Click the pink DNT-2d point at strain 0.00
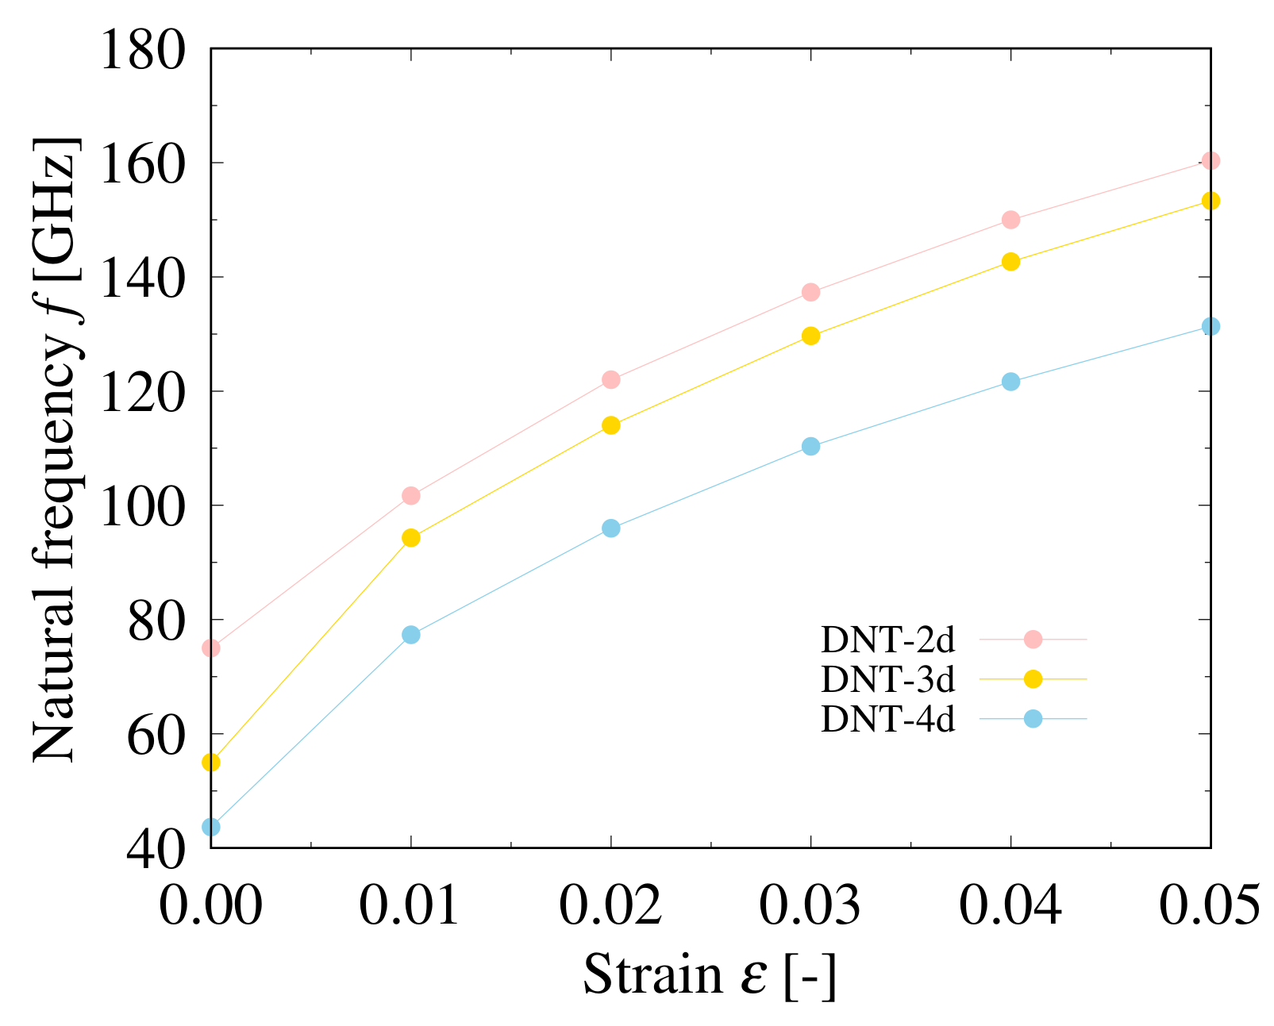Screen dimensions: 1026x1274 coord(211,648)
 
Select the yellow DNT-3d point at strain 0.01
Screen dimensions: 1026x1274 coord(411,538)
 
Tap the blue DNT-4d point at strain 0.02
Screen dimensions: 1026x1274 coord(611,528)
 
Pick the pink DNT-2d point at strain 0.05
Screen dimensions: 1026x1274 coord(1210,161)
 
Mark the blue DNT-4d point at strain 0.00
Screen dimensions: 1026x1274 coord(211,827)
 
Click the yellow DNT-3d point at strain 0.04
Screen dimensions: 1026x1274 coord(1010,262)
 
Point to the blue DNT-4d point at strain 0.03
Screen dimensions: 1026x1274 coord(810,447)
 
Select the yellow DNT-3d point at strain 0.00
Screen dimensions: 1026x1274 coord(211,763)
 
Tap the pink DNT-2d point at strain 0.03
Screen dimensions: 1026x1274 coord(810,292)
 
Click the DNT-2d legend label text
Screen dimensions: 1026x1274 coord(887,640)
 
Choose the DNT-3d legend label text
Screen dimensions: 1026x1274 coord(887,679)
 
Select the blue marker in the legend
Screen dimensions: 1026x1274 coord(1033,719)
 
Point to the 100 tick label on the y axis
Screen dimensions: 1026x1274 coord(142,505)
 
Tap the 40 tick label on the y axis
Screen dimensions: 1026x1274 coord(156,848)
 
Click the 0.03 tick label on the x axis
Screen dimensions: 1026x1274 coord(810,905)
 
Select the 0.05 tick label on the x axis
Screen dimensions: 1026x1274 coord(1209,905)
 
